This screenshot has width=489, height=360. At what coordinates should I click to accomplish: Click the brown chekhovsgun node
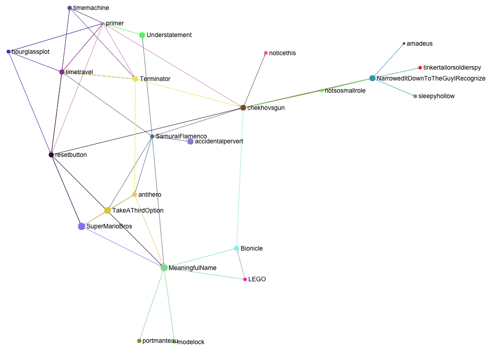[243, 108]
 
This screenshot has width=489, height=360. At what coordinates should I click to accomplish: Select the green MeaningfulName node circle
[164, 268]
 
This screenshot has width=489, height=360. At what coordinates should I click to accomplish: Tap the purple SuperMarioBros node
[81, 226]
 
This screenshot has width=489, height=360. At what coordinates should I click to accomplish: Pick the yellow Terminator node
[135, 79]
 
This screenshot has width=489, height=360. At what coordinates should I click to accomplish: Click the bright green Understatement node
[142, 35]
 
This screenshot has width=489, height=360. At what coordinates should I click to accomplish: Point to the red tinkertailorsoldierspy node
[420, 68]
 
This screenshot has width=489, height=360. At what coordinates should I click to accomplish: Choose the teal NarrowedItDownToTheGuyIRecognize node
[372, 78]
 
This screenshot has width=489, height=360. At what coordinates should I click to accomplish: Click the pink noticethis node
[266, 53]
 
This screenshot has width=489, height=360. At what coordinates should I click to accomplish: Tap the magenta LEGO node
[245, 279]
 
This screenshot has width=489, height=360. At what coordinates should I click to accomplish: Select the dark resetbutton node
[51, 155]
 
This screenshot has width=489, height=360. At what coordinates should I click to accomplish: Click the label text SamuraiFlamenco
[181, 136]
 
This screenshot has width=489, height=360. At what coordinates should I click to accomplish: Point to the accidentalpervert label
[219, 142]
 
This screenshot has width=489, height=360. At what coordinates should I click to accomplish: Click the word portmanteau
[159, 341]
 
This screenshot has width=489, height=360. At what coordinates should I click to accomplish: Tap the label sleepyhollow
[437, 96]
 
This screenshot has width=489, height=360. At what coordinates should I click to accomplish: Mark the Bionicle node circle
[237, 248]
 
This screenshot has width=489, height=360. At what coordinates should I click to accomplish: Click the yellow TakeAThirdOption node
[108, 210]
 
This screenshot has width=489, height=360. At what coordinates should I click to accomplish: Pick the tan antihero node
[134, 194]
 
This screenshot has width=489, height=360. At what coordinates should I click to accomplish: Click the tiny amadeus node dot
[404, 44]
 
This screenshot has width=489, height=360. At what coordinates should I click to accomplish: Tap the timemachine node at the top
[70, 8]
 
